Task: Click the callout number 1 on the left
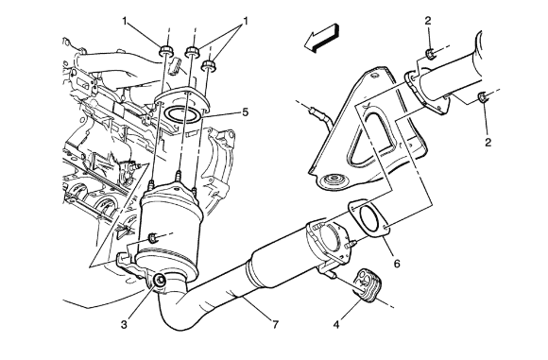[123, 21]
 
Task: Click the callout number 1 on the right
[246, 21]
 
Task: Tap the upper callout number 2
[427, 19]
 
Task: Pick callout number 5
[245, 112]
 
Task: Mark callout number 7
[275, 326]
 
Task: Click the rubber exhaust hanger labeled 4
[364, 285]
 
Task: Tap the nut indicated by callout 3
[158, 280]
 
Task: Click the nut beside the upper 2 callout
[430, 54]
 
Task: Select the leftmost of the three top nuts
[166, 51]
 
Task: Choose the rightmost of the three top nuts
[208, 66]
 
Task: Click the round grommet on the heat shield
[333, 183]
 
